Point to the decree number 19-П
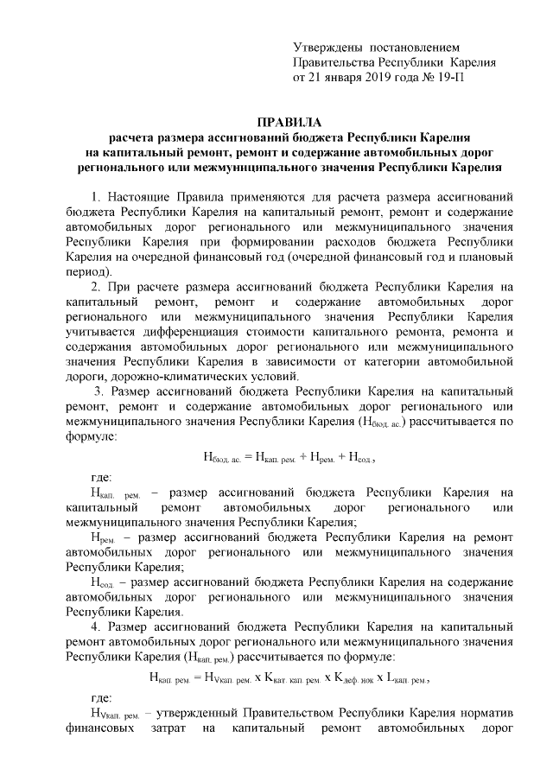(460, 78)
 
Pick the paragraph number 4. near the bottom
(96, 625)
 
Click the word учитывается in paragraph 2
(100, 334)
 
